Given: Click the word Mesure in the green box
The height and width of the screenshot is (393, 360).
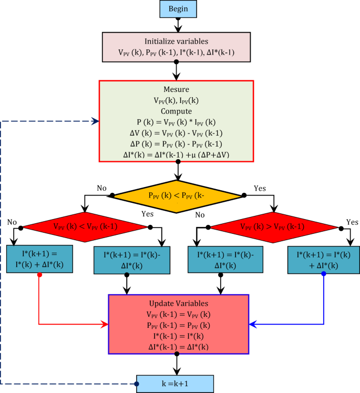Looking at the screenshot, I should tap(177, 89).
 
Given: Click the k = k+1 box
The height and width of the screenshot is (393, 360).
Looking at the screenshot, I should tap(175, 384).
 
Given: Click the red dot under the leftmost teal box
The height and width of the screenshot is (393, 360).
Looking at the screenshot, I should tap(39, 274).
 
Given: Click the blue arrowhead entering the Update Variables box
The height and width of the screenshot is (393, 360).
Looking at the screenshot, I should tap(252, 324).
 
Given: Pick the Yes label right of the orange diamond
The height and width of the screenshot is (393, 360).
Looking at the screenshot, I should tap(260, 187).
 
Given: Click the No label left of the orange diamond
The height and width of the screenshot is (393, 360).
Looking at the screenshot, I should tap(101, 187).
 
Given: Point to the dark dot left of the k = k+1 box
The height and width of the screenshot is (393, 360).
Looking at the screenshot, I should tap(137, 384).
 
